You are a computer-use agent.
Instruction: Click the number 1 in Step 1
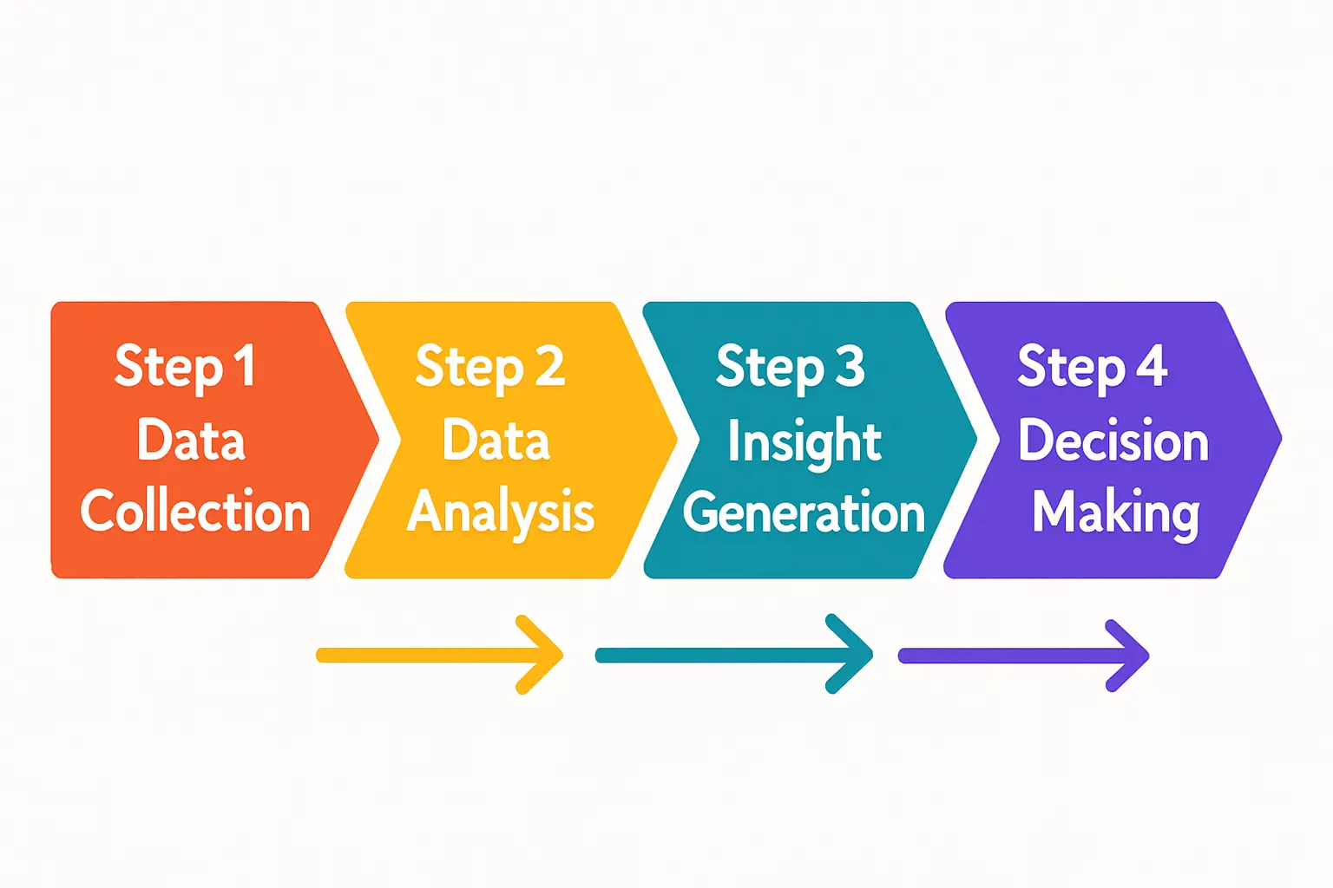click(x=244, y=366)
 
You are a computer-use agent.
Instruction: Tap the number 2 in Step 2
click(x=548, y=366)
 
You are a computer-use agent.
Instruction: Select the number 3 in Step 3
click(x=850, y=366)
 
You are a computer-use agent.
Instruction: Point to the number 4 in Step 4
click(x=1152, y=366)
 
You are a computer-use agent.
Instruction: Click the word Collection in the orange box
click(x=195, y=511)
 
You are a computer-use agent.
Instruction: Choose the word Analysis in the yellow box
click(x=501, y=512)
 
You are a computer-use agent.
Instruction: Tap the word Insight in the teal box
click(x=804, y=441)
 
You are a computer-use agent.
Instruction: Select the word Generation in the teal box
click(x=804, y=513)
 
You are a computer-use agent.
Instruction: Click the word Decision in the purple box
click(x=1113, y=441)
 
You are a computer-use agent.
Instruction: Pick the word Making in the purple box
click(x=1115, y=513)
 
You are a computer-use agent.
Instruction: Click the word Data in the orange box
click(x=191, y=440)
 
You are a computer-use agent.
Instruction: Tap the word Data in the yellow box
click(x=496, y=440)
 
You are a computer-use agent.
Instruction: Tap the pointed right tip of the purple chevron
click(x=1278, y=439)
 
